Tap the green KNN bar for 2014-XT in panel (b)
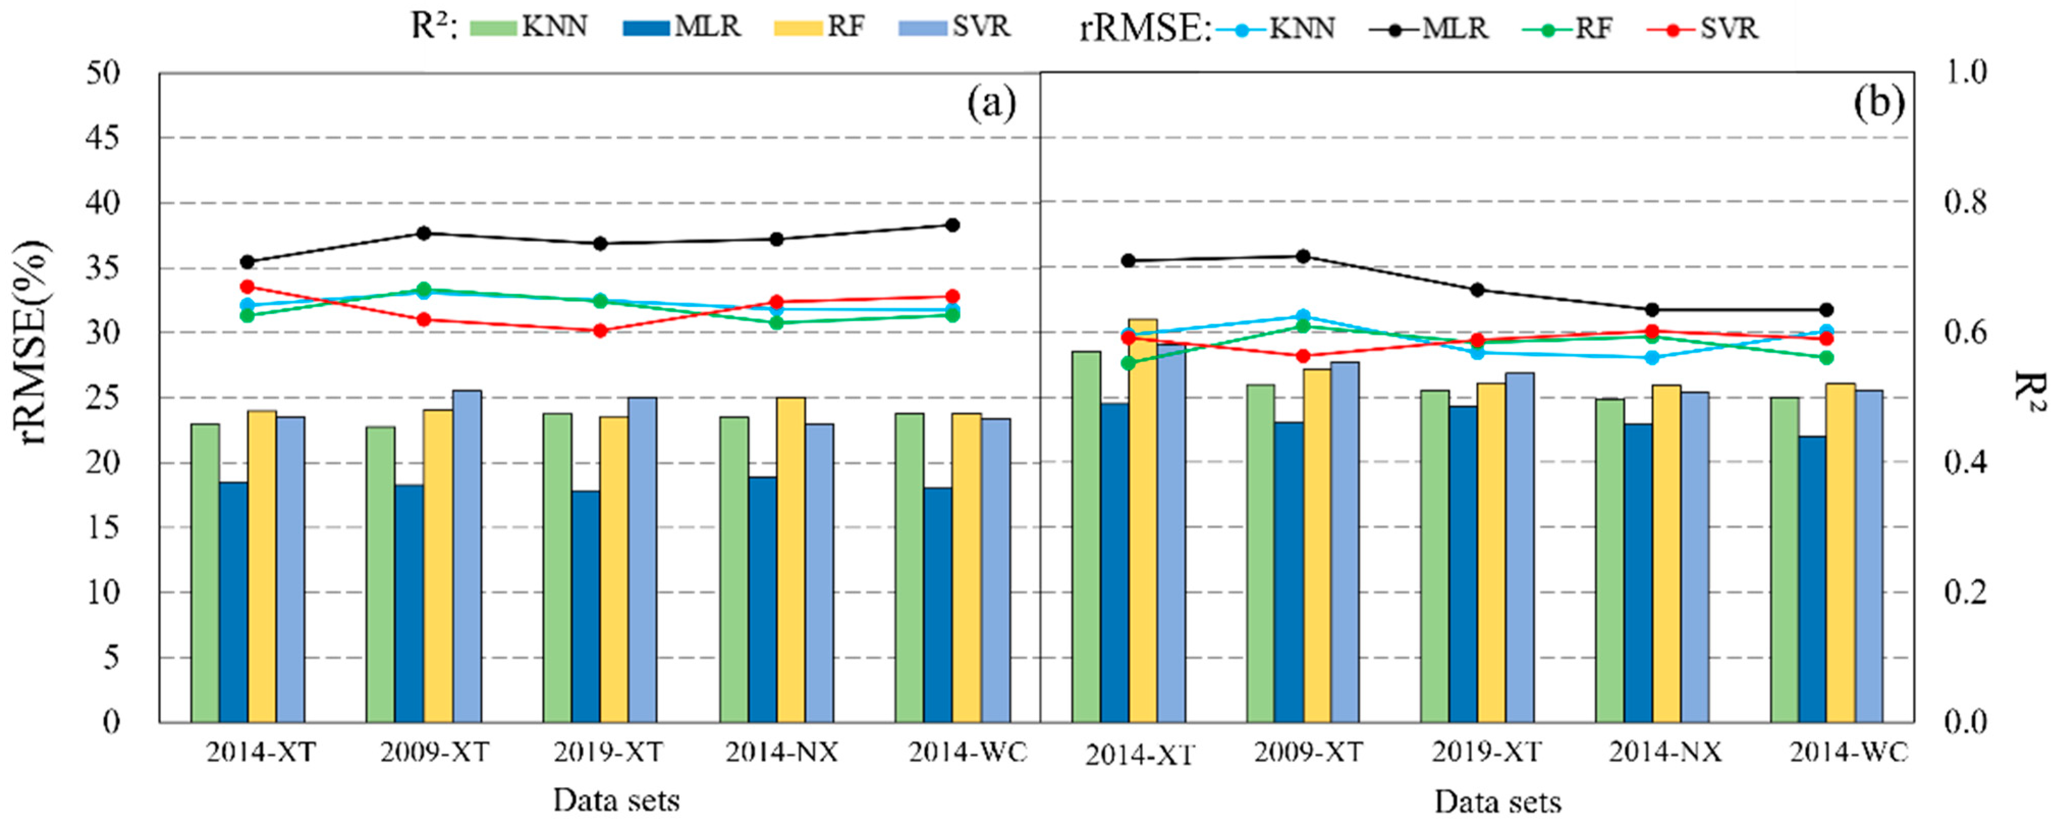tap(1086, 536)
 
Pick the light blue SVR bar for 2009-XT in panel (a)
tap(467, 555)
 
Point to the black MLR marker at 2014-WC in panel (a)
tap(951, 225)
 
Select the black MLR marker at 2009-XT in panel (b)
tap(1302, 256)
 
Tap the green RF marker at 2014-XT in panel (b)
tap(1128, 363)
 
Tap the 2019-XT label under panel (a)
tap(608, 752)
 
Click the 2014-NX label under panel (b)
tap(1665, 752)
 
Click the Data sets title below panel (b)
tap(1497, 802)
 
